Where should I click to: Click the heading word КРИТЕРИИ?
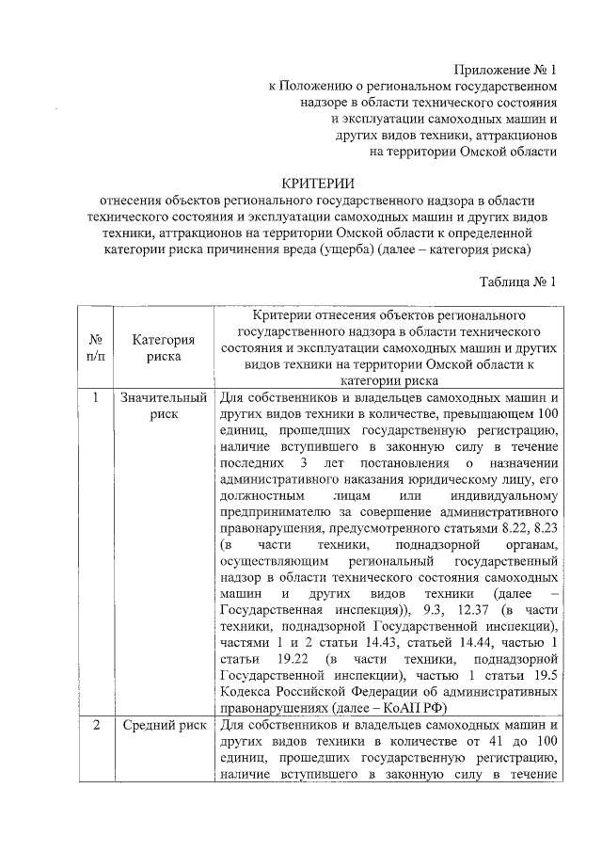[x=317, y=183]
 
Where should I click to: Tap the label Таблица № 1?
[x=518, y=281]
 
